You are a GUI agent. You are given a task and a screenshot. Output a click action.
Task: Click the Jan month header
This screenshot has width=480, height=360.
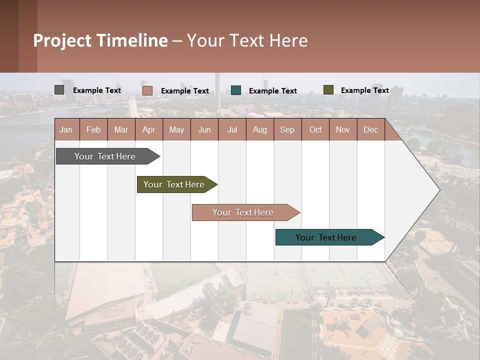[x=66, y=129]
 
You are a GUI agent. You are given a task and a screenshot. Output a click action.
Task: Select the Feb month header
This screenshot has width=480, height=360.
[x=93, y=129]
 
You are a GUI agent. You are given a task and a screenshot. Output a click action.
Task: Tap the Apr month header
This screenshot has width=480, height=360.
[x=148, y=129]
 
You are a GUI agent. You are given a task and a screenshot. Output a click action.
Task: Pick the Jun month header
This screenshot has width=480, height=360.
[x=204, y=129]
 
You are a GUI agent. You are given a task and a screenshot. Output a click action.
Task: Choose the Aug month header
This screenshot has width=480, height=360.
[x=259, y=129]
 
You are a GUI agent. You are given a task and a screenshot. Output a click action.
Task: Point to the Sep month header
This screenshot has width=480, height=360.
[x=287, y=129]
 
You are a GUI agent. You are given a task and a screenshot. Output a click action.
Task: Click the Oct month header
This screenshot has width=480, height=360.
[x=315, y=129]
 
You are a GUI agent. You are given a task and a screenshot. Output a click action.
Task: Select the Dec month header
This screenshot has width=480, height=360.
[x=370, y=129]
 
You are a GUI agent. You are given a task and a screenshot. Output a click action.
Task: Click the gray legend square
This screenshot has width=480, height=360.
[x=59, y=90]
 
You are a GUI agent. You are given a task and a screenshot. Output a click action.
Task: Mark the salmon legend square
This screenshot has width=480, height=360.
[x=147, y=90]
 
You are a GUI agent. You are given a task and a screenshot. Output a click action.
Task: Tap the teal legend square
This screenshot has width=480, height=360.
[x=236, y=90]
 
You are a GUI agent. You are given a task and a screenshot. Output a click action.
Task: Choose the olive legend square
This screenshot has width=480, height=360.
[x=328, y=90]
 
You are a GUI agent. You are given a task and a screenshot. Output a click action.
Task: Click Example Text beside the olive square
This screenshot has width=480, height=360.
[x=364, y=90]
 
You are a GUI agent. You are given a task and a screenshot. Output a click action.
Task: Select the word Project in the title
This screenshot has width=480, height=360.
[x=62, y=40]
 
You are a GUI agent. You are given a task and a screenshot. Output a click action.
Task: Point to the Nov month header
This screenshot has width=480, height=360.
[x=342, y=129]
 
